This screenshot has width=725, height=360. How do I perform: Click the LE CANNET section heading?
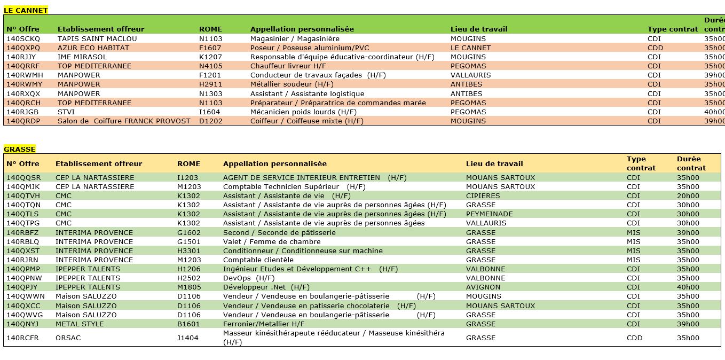point(26,10)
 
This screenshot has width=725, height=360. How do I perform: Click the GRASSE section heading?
point(20,150)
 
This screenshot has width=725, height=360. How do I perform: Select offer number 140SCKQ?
point(23,39)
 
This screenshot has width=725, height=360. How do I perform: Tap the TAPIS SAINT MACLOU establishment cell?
point(97,39)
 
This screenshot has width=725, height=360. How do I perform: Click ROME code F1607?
point(210,48)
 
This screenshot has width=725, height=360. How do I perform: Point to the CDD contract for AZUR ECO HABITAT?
point(655,48)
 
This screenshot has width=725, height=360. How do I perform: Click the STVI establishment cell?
point(66,112)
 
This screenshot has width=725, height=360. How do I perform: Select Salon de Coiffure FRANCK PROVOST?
point(124,121)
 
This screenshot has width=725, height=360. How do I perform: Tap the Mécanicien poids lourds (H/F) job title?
point(303,112)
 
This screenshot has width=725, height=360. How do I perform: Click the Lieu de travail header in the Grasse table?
point(494,164)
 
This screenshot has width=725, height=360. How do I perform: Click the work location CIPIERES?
point(483,196)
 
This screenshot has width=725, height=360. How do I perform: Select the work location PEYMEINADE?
point(489,214)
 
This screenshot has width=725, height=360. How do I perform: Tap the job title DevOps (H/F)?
point(248,278)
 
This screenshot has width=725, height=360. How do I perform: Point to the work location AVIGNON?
point(483,287)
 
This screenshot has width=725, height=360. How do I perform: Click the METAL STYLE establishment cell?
point(80,324)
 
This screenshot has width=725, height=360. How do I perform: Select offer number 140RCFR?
point(22,338)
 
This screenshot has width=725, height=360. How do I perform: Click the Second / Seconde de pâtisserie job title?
point(279,233)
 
